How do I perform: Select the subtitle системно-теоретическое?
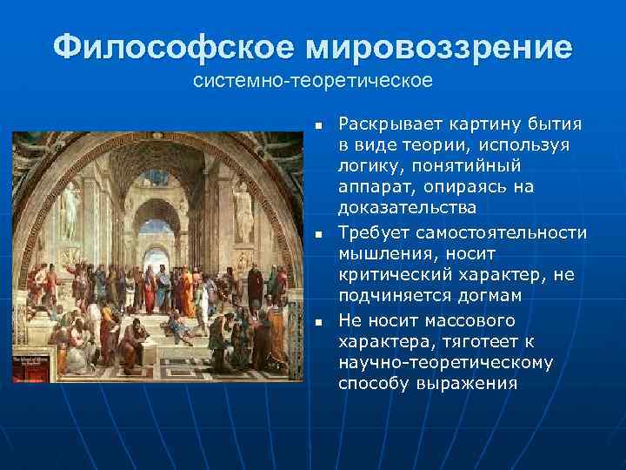coord(312,82)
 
